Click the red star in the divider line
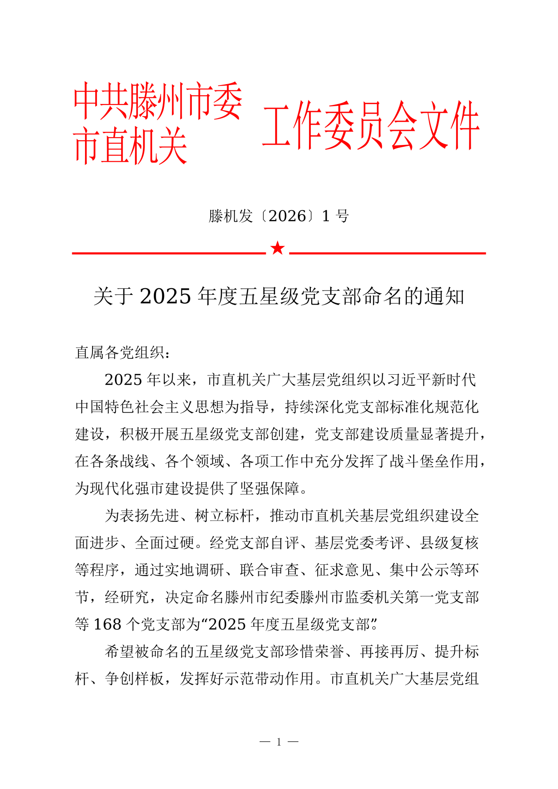278,248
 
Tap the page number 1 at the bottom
279,742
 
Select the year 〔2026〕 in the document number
288,216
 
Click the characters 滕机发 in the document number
231,216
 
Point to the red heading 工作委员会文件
370,126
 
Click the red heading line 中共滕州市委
158,101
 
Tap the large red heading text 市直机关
130,146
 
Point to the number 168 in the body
108,624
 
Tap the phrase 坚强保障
269,488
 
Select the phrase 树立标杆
224,515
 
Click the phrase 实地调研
194,570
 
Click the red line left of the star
168,253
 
